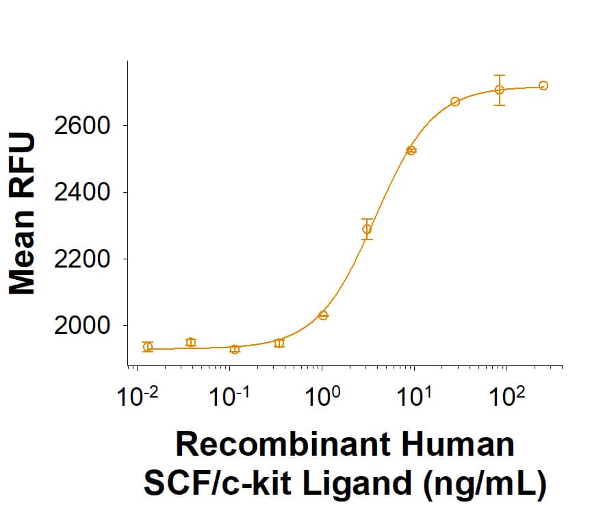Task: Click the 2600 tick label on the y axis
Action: tap(81, 126)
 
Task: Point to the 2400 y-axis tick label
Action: tap(81, 192)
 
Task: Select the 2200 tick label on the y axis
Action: tap(81, 259)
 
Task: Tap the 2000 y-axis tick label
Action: tap(81, 326)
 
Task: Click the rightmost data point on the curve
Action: tap(543, 86)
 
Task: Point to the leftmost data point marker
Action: tap(148, 346)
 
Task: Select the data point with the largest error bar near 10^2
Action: tap(500, 90)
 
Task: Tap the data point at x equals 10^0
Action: tap(324, 315)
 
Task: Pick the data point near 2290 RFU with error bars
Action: tap(368, 229)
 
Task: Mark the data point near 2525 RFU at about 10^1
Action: tap(411, 151)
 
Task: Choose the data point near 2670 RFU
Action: tap(455, 102)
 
